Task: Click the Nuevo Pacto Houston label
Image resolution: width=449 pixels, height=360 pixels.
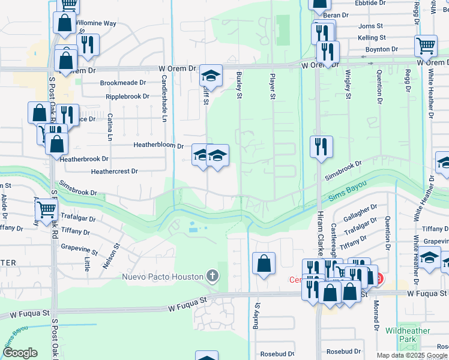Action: coord(162,277)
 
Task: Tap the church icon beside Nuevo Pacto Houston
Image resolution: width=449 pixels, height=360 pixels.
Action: coord(211,277)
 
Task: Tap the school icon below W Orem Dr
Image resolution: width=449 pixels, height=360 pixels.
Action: coord(211,76)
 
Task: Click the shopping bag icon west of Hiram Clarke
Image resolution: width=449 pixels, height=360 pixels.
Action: coord(264,263)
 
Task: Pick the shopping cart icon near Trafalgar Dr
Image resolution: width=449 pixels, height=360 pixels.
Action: coord(46,210)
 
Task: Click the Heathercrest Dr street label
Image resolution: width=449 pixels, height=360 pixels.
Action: coord(114,171)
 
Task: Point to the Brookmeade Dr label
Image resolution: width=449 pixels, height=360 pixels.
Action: coord(123,83)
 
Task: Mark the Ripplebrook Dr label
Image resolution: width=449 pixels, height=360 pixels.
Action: coord(127,96)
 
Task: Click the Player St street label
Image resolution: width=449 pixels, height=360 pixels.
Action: coord(273,87)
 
